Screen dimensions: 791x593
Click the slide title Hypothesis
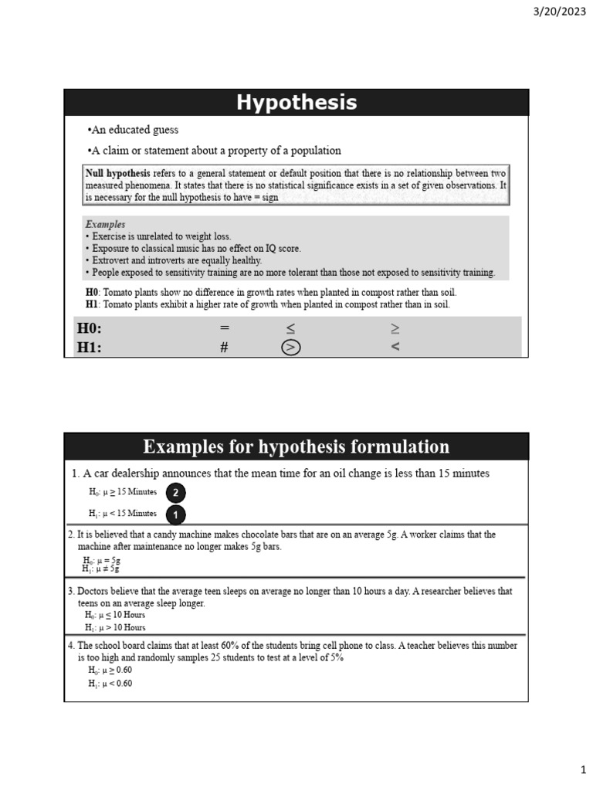[296, 103]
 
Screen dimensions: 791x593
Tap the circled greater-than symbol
[290, 348]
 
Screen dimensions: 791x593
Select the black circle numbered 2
[175, 493]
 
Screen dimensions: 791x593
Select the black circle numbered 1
[175, 514]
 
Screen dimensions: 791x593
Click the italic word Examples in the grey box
[106, 225]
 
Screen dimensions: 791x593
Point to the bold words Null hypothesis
[118, 174]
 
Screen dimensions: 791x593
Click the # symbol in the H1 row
[224, 348]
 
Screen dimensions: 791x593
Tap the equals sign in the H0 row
[225, 328]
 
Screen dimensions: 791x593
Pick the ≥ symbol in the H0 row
[395, 328]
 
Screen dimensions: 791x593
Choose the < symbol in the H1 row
[395, 348]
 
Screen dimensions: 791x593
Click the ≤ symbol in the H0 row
[290, 328]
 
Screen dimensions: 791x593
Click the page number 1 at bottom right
[584, 769]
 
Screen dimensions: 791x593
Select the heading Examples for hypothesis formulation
[296, 446]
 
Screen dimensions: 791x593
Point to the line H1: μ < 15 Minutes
[123, 514]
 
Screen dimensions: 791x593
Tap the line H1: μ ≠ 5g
[101, 569]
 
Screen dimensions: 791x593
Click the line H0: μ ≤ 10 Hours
[115, 616]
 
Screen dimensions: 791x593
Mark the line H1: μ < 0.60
[110, 684]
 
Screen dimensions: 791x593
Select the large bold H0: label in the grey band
[90, 328]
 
